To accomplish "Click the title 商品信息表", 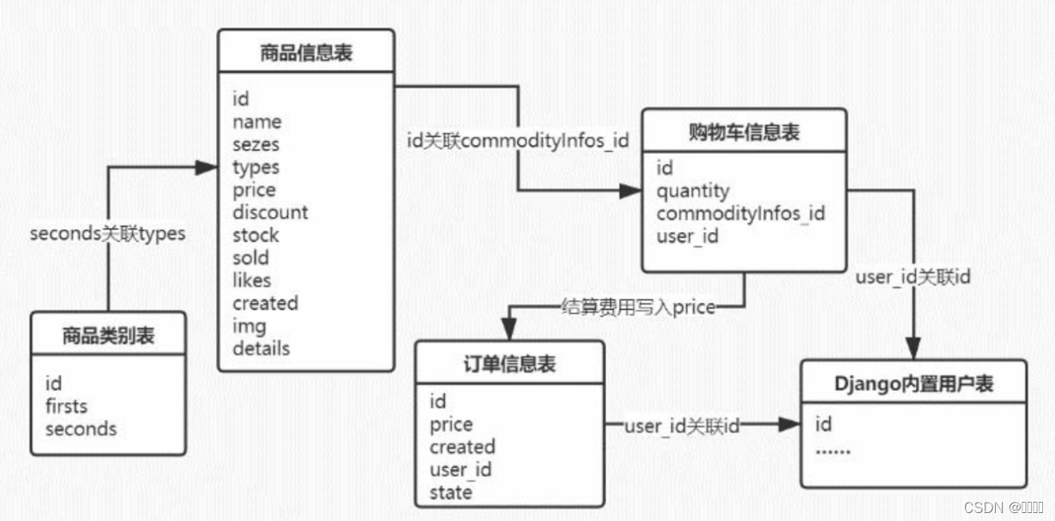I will pyautogui.click(x=306, y=54).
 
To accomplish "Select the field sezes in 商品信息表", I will pyautogui.click(x=256, y=145).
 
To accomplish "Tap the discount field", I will pyautogui.click(x=270, y=213).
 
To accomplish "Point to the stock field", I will pyautogui.click(x=256, y=235).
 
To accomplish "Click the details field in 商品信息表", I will pyautogui.click(x=262, y=348).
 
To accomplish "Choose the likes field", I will pyautogui.click(x=252, y=281).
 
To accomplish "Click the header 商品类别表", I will pyautogui.click(x=109, y=336).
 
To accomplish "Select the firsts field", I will pyautogui.click(x=66, y=406).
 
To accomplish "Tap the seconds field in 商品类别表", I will pyautogui.click(x=81, y=429).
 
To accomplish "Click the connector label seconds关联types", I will pyautogui.click(x=107, y=234).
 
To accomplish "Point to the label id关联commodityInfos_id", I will pyautogui.click(x=518, y=142).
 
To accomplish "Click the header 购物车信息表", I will pyautogui.click(x=744, y=133).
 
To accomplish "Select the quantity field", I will pyautogui.click(x=693, y=191).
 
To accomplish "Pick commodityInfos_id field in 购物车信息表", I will pyautogui.click(x=741, y=214).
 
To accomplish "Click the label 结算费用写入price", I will pyautogui.click(x=637, y=307).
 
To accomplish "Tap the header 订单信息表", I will pyautogui.click(x=510, y=365).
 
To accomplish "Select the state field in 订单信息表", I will pyautogui.click(x=450, y=492).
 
